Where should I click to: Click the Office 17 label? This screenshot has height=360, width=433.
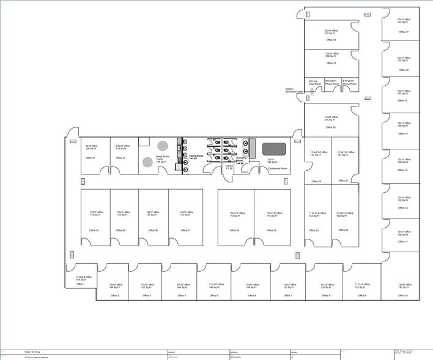[x=403, y=32]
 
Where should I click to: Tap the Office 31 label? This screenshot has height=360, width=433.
[x=89, y=158]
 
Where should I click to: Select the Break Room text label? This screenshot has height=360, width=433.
[x=162, y=157]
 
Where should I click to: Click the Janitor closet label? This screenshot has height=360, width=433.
[x=228, y=165]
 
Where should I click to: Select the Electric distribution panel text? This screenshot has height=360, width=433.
[x=294, y=90]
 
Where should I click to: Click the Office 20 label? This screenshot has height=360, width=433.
[x=330, y=127]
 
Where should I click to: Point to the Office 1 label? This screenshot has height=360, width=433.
[x=81, y=284]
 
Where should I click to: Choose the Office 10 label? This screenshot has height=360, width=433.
[x=402, y=295]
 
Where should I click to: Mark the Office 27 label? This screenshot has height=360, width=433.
[x=185, y=230]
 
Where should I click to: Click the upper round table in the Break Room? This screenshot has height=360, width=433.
[x=163, y=146]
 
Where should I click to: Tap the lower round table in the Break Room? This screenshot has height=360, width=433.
[x=148, y=162]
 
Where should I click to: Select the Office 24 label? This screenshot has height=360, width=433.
[x=316, y=181]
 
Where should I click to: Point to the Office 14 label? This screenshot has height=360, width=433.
[x=403, y=133]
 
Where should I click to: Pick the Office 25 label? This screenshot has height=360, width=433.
[x=271, y=230]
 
